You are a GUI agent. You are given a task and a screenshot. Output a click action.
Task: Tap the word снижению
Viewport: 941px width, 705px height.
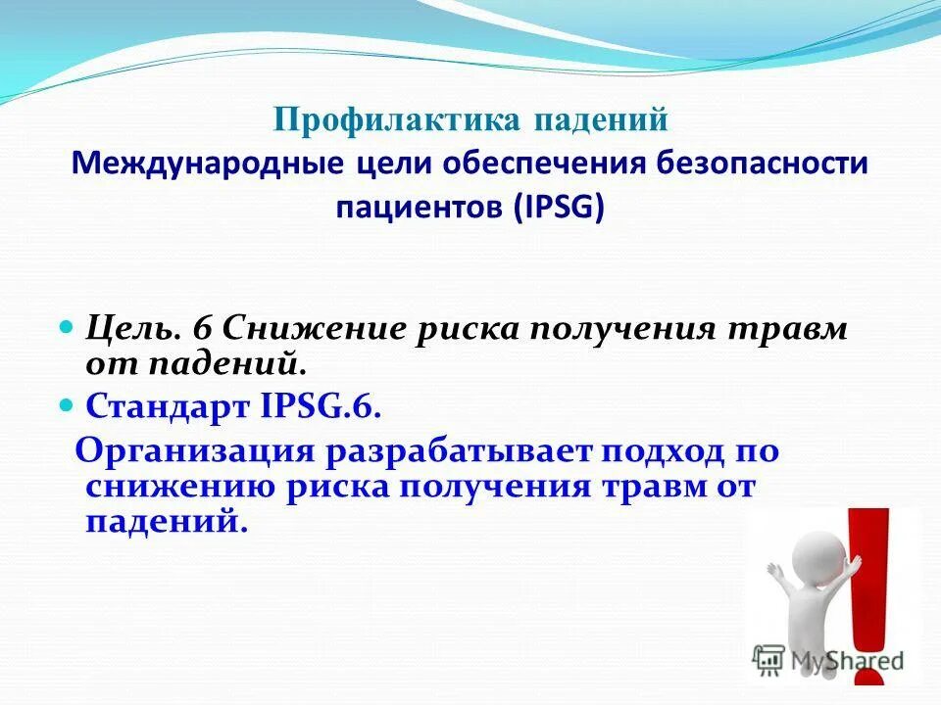[175, 487]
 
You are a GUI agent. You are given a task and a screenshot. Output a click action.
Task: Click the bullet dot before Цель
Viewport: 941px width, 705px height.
[68, 324]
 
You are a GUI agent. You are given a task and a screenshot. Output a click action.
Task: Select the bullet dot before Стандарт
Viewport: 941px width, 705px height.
[68, 402]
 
